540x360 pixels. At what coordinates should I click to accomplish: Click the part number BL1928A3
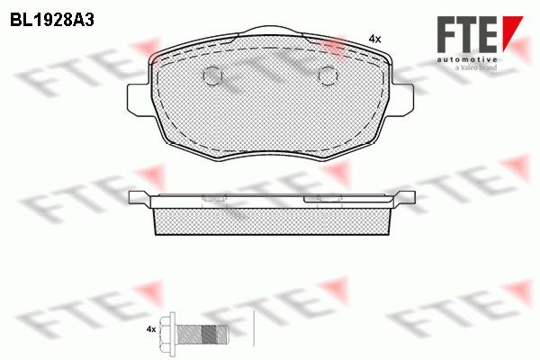click(x=52, y=21)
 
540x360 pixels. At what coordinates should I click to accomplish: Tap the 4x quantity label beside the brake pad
click(x=374, y=40)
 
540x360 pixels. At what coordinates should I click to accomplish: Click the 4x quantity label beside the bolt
click(x=151, y=329)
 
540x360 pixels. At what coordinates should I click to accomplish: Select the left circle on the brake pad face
click(x=212, y=76)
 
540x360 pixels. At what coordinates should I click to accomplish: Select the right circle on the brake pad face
click(x=328, y=76)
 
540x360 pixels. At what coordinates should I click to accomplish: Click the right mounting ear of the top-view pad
click(x=402, y=99)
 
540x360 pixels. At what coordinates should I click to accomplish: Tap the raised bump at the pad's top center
click(x=270, y=31)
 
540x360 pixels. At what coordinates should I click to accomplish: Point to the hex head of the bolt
click(x=171, y=329)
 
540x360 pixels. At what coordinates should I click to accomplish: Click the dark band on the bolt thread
click(x=208, y=334)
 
